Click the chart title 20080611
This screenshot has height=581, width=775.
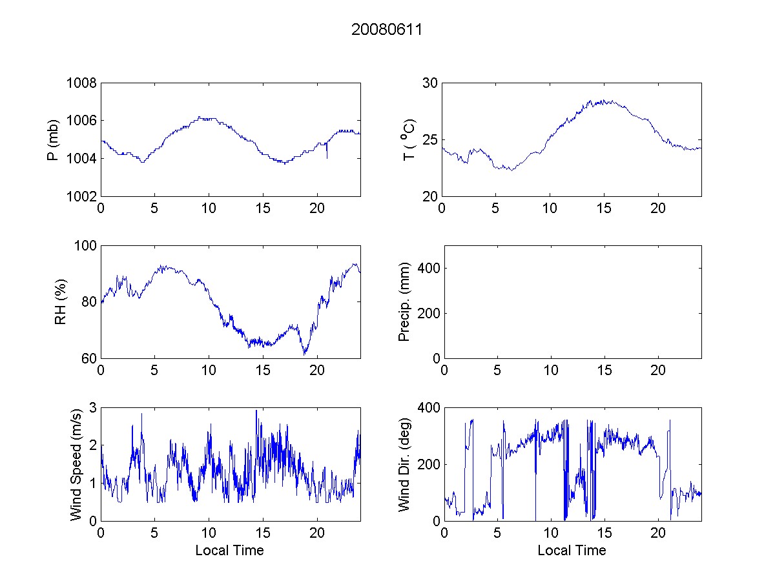point(387,30)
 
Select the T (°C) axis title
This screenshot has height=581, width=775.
point(408,139)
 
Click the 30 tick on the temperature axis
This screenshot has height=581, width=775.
point(429,83)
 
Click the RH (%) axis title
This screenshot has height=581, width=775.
point(60,302)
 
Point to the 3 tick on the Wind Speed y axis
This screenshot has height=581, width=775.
point(92,408)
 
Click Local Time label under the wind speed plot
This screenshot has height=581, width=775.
point(229,551)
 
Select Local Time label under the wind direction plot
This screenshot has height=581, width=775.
point(572,551)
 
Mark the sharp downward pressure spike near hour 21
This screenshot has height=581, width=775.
point(327,157)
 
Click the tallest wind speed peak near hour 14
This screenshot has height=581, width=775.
point(256,411)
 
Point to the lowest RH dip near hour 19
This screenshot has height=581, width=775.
point(304,354)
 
